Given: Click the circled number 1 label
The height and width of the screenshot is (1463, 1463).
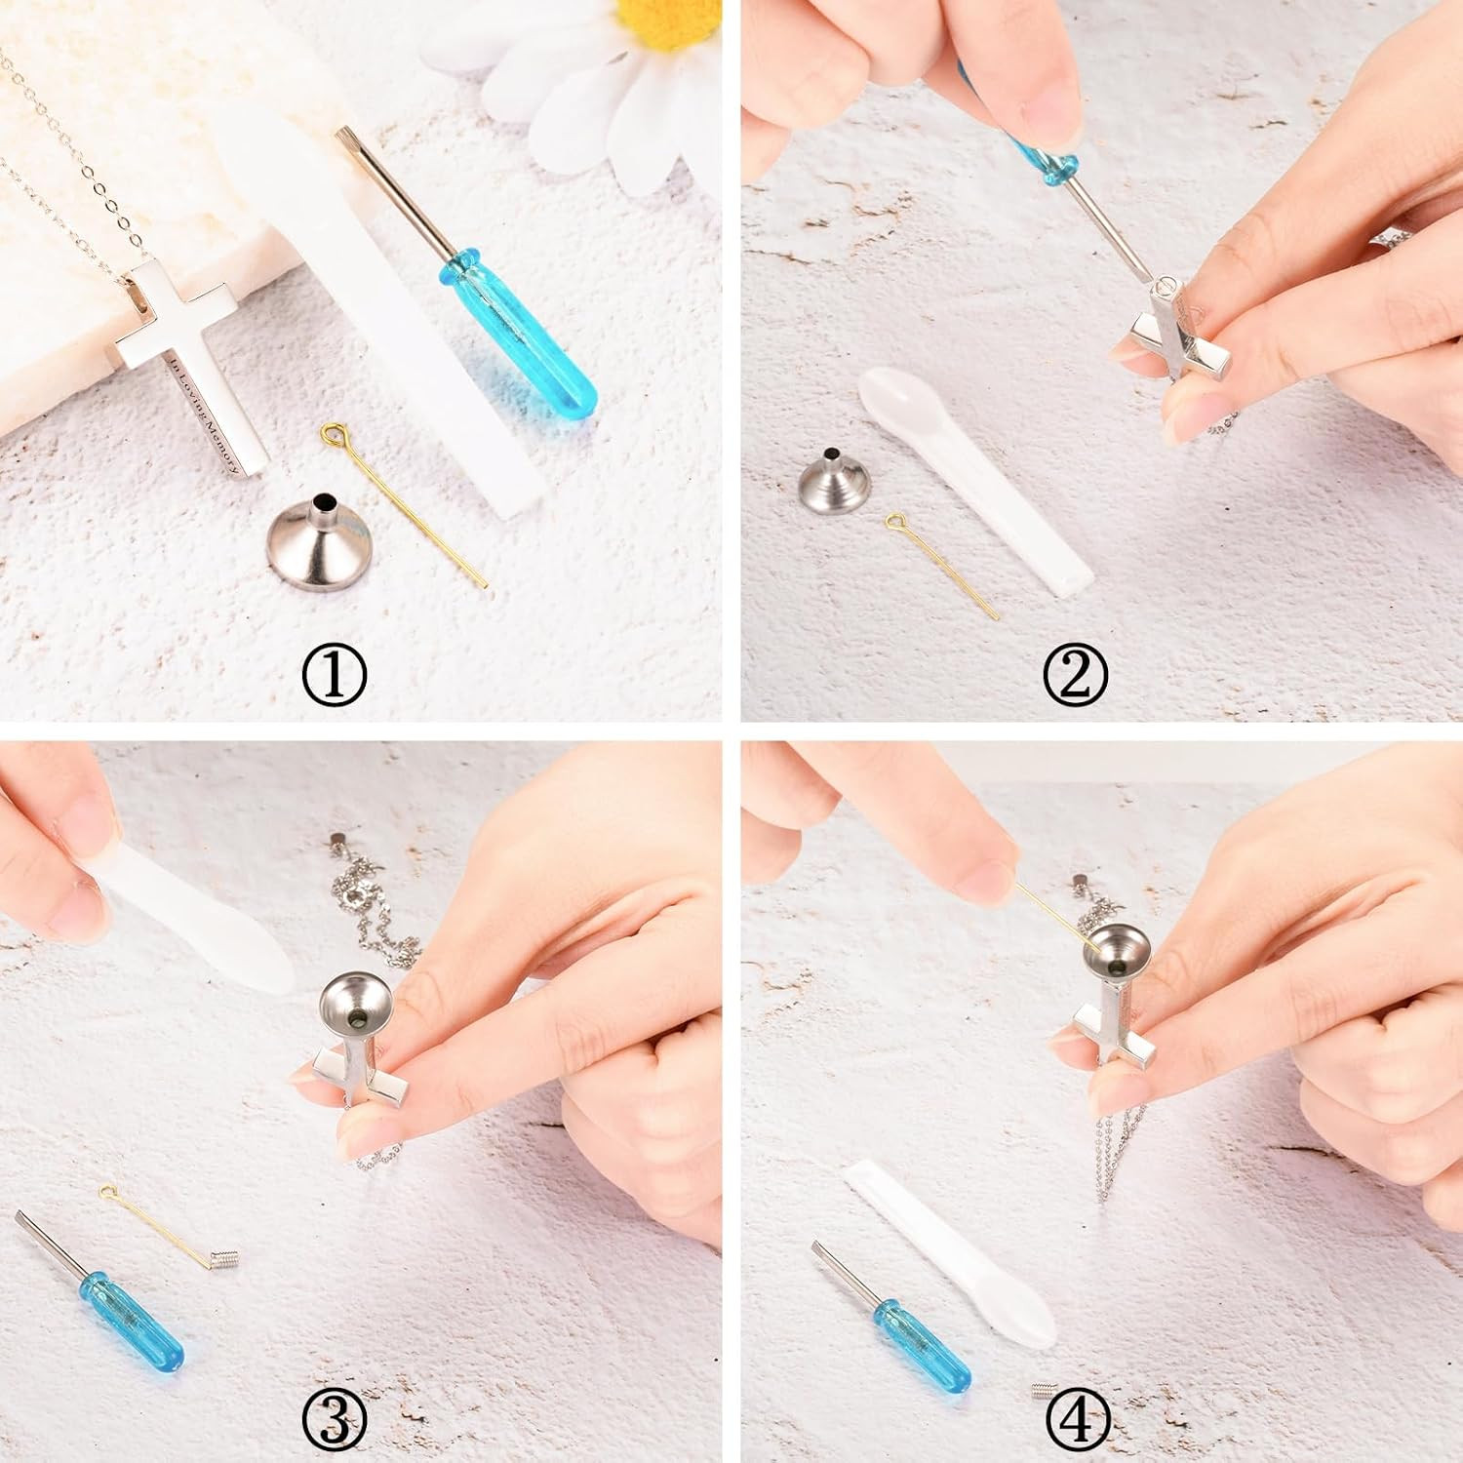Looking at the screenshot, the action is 334,675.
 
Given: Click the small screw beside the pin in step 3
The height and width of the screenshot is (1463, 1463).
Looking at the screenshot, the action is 222,1263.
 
